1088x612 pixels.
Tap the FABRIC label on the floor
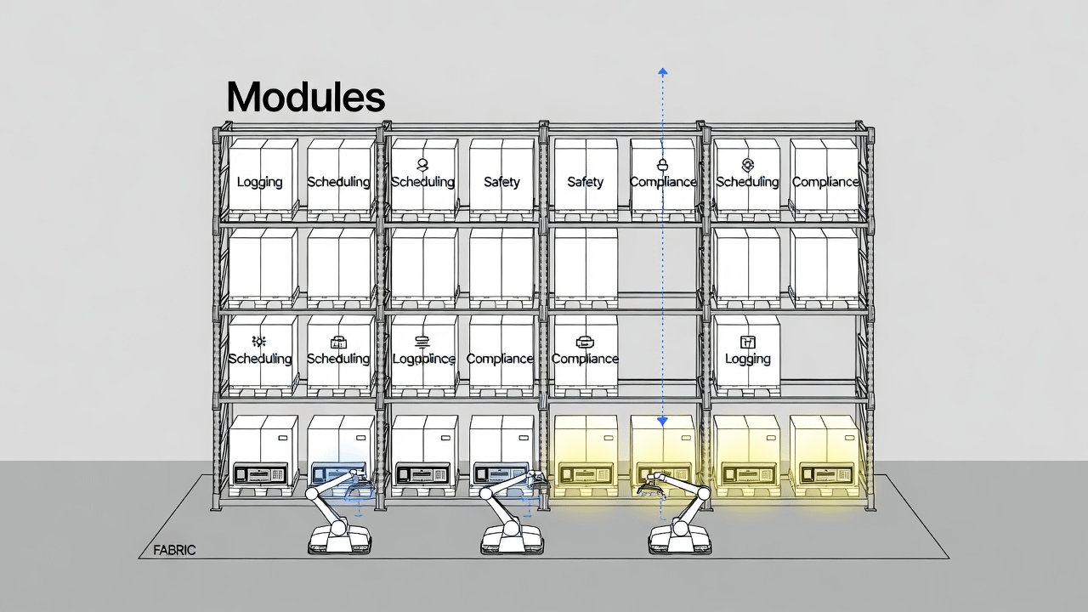175,550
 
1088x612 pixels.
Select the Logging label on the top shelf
259,182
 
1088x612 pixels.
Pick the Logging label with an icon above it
748,359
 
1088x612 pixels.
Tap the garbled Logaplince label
423,359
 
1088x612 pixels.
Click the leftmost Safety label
501,182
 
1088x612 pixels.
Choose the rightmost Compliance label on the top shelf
825,182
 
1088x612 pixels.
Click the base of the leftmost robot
337,540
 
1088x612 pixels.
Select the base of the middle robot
513,540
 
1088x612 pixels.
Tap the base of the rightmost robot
679,540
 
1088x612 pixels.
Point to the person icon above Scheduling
422,164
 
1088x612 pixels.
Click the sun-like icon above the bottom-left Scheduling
259,341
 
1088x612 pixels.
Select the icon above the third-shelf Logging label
748,342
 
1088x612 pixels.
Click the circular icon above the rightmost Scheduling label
748,164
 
